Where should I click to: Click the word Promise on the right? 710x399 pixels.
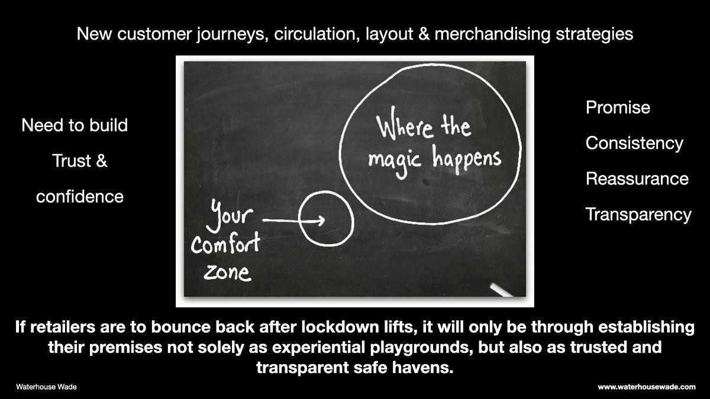click(618, 108)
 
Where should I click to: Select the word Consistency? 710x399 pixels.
click(634, 143)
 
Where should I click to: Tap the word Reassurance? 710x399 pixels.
click(637, 179)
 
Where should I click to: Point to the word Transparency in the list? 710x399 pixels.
click(638, 214)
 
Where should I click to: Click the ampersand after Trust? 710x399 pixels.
click(101, 161)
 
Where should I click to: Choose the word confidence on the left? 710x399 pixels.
click(80, 196)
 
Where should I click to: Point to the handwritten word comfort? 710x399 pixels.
click(225, 244)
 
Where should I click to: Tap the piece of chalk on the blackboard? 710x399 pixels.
click(502, 290)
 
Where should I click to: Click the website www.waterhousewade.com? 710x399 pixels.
click(647, 387)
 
